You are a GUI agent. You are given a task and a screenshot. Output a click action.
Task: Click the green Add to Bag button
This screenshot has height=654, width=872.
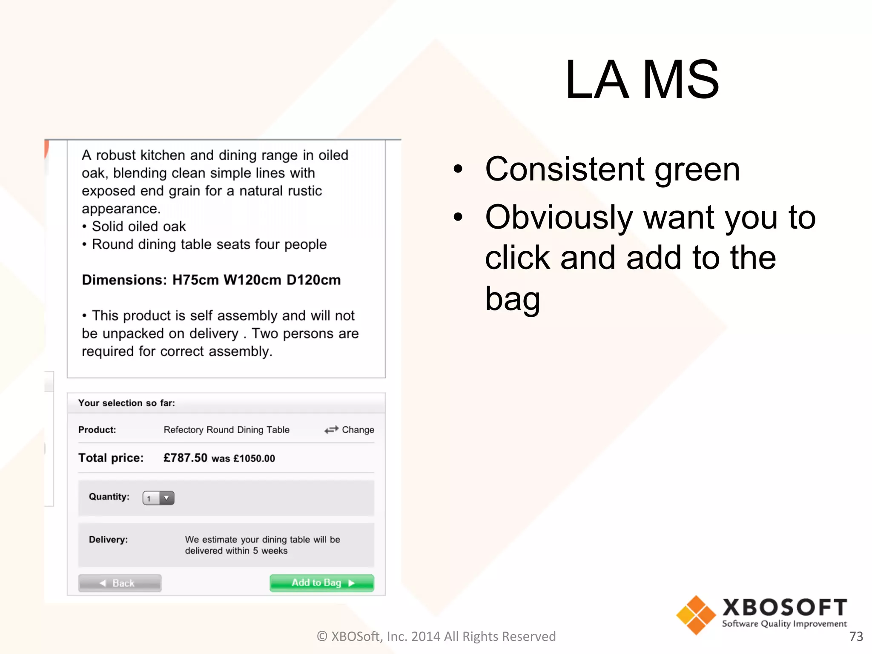point(322,583)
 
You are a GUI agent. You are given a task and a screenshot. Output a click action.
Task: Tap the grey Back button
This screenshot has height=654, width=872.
point(120,583)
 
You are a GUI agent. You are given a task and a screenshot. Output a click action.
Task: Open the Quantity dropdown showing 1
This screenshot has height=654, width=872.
point(158,498)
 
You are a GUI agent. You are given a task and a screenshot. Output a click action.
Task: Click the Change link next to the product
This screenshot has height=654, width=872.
point(350,430)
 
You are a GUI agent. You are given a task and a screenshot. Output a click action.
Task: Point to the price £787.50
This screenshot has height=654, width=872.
point(185,458)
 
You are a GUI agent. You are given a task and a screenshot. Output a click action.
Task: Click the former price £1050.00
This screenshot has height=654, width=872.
point(254,459)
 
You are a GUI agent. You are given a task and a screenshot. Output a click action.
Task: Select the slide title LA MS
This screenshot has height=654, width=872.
point(642,80)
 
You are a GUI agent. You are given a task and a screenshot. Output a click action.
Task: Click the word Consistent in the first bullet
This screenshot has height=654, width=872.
point(565,169)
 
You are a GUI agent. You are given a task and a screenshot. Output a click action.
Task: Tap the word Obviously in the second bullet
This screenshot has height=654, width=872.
point(559,217)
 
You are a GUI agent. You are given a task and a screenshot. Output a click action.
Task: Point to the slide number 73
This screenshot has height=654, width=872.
point(856,636)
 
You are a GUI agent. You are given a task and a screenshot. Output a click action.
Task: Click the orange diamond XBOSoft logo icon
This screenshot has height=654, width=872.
point(696,615)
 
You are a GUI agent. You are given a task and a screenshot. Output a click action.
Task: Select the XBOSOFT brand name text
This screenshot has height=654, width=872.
point(784,607)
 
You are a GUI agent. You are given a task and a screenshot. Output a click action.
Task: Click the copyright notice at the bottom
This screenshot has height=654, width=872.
point(436,636)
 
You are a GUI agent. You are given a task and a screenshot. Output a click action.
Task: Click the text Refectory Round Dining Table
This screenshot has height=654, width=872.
point(227,430)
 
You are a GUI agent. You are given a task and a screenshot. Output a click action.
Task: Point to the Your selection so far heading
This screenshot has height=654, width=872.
point(126,403)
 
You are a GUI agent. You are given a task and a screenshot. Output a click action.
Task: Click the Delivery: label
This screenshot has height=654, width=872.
point(108,539)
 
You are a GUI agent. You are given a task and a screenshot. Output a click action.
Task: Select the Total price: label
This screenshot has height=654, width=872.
point(111,458)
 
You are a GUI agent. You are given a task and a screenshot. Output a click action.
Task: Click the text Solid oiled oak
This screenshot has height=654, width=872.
point(139,227)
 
